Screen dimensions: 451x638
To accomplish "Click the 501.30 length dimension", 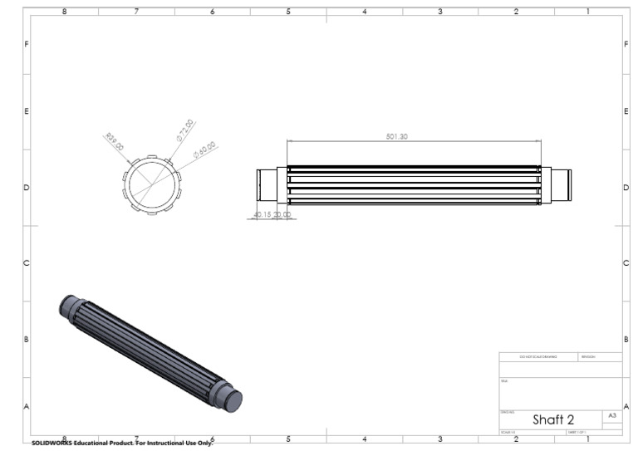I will point(397,136).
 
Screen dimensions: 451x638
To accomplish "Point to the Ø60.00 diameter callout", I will point(204,150).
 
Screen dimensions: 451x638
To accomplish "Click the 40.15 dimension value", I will point(263,214).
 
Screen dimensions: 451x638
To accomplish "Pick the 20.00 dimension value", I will point(285,214).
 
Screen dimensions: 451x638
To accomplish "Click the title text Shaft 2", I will point(553,419).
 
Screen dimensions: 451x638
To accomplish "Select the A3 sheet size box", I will point(612,414).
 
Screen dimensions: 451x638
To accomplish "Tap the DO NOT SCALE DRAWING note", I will point(538,357).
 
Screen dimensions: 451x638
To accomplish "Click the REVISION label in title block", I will point(589,357).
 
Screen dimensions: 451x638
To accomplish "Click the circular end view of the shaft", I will point(151,184).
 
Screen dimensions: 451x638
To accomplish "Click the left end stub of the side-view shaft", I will point(267,184).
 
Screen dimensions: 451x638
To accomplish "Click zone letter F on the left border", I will point(27,43).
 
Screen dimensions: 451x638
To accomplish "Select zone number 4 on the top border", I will point(364,12).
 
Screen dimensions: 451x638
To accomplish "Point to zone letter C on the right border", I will point(625,263).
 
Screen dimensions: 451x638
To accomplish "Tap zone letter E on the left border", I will point(27,111).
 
